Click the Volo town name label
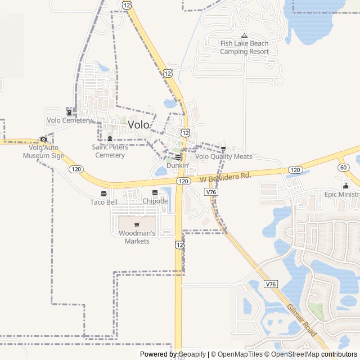coord(139,125)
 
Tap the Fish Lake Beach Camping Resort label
coord(244,48)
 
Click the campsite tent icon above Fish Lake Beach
coord(244,35)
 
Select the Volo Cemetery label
coord(69,120)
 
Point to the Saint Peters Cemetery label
coord(110,151)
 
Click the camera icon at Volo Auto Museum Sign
coord(43,139)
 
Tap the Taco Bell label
coord(104,202)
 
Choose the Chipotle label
coord(155,201)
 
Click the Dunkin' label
coord(178,165)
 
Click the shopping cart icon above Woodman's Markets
coord(137,225)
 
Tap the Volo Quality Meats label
coord(224,157)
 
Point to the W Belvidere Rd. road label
coord(225,177)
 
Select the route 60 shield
coord(343,167)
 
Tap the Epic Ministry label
coord(341,194)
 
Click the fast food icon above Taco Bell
coord(104,193)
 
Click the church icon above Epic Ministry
coord(346,186)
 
